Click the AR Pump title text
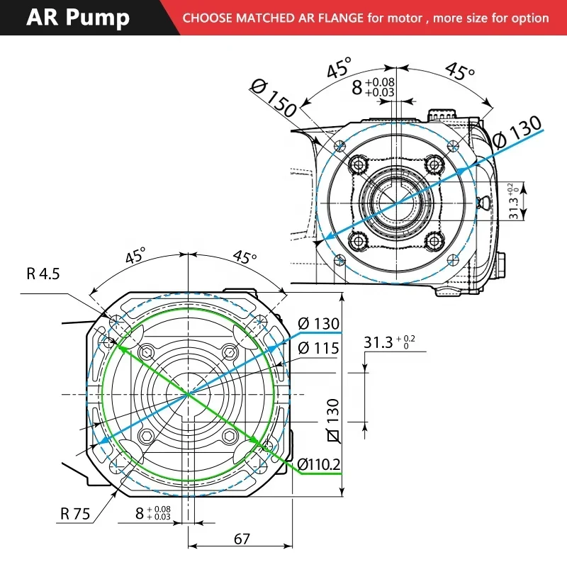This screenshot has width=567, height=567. (78, 18)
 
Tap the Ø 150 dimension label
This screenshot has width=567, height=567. (273, 100)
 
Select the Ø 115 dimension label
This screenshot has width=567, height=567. (318, 348)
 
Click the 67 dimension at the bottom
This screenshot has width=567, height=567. (242, 539)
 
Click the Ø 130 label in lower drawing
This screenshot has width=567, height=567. (318, 324)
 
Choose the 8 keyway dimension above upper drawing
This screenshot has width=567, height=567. (373, 87)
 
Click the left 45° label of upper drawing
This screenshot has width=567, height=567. (339, 69)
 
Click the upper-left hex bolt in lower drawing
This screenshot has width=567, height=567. (147, 352)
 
